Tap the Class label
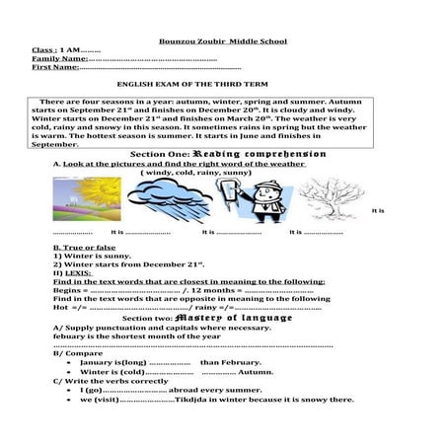[42, 49]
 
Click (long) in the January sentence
[133, 362]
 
